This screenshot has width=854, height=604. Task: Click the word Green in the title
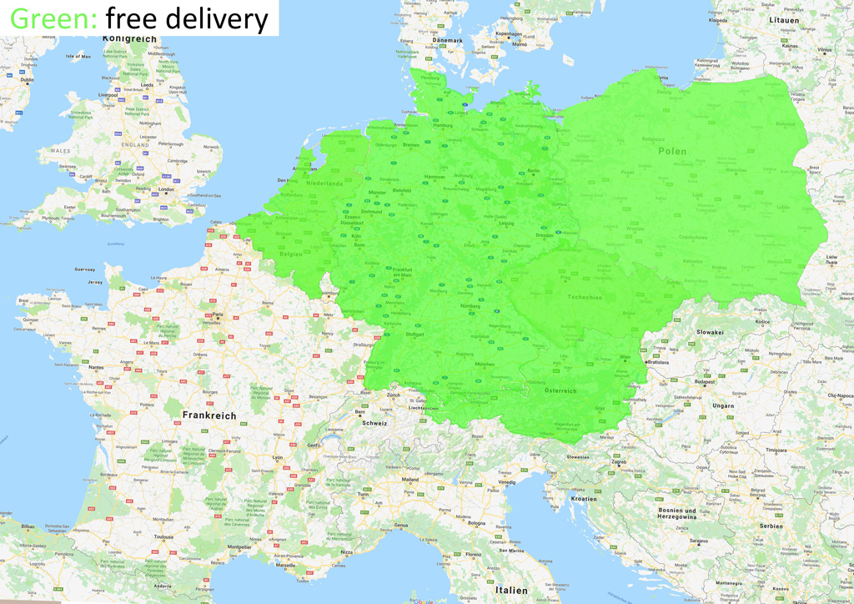(x=53, y=18)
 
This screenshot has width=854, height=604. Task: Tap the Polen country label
(x=672, y=151)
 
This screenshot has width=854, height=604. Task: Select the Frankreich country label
(x=209, y=415)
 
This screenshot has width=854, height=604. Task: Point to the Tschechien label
(x=584, y=298)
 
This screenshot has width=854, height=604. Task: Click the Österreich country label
(x=560, y=390)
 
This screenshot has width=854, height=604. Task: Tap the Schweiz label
(x=374, y=422)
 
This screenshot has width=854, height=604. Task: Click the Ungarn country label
(x=723, y=405)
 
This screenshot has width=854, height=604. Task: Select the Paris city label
(x=219, y=315)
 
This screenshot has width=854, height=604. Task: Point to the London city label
(x=166, y=189)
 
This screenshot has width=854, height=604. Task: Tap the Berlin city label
(x=534, y=171)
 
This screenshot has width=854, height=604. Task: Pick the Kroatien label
(x=584, y=498)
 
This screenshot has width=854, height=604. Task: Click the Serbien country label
(x=771, y=526)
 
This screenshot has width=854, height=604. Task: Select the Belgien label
(x=291, y=254)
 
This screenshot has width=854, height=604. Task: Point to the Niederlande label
(x=324, y=183)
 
